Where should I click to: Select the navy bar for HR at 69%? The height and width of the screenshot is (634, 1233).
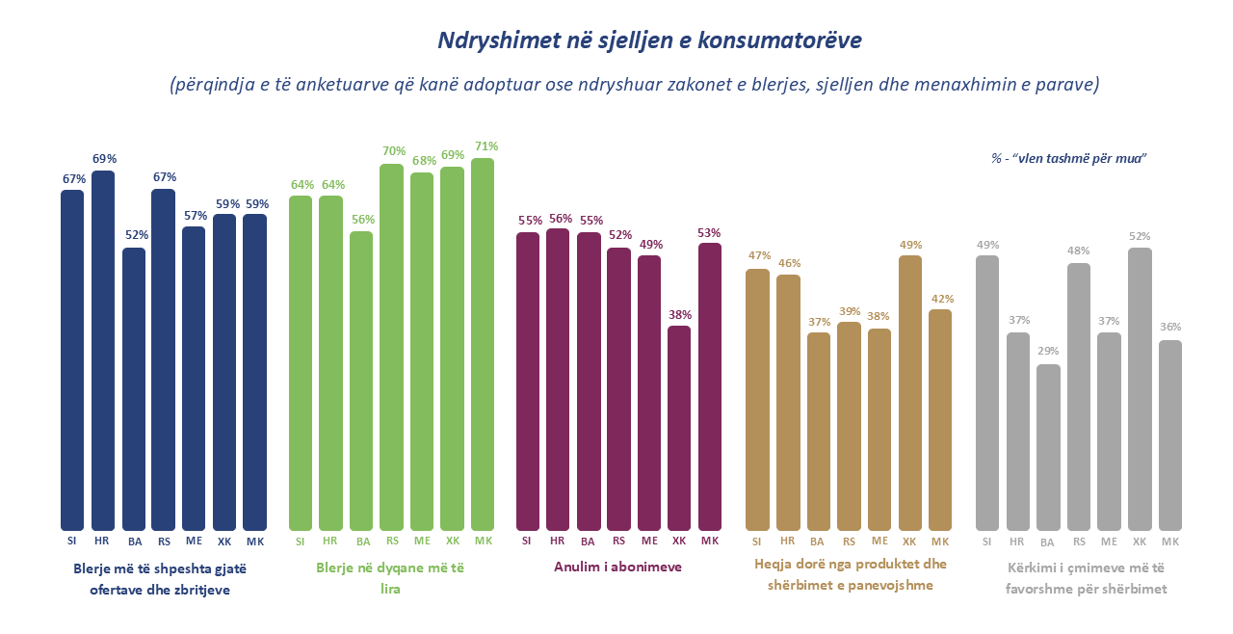click(x=103, y=351)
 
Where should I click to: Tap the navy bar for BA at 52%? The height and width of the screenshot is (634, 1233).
click(x=134, y=389)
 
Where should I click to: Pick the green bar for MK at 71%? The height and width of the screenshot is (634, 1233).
click(x=483, y=344)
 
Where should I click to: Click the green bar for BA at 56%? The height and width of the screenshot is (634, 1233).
click(x=361, y=381)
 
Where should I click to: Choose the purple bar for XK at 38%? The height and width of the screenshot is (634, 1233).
click(x=679, y=428)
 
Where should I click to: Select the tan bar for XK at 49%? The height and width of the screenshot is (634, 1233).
click(x=910, y=393)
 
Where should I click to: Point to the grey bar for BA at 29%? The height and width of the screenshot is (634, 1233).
click(x=1048, y=447)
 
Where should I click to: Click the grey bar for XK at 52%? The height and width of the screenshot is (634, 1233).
click(x=1140, y=389)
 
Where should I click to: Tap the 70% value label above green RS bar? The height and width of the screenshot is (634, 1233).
click(x=392, y=151)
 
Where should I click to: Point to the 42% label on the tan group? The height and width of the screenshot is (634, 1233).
click(x=940, y=298)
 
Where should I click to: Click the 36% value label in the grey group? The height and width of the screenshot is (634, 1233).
click(x=1170, y=327)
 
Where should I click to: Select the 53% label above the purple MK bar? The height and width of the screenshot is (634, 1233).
click(x=710, y=232)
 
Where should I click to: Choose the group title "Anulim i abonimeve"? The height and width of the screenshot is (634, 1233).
click(x=617, y=567)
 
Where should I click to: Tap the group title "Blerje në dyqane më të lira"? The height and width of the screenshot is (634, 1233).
click(x=391, y=578)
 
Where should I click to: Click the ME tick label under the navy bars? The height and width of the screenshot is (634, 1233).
click(x=194, y=542)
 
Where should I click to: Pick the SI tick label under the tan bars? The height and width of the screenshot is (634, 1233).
click(x=758, y=542)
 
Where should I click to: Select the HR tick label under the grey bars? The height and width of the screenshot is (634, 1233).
click(x=1017, y=542)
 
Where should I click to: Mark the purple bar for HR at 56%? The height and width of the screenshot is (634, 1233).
click(x=558, y=380)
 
